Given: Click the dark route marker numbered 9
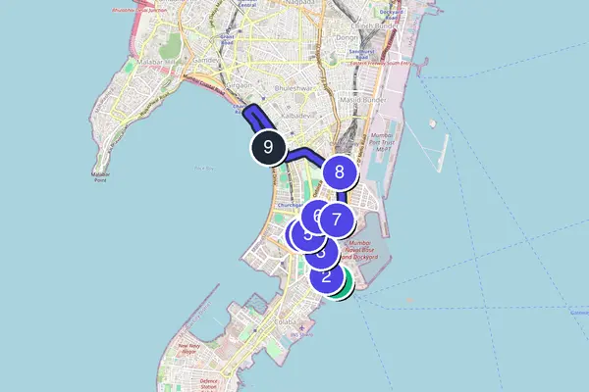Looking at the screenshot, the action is [x=267, y=148].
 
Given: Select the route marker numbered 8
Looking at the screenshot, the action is [x=340, y=173].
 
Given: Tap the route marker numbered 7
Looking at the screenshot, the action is [x=336, y=220].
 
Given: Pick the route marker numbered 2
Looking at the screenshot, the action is [x=326, y=275].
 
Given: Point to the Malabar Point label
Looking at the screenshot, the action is [x=100, y=177].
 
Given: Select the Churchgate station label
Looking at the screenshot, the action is [x=288, y=204].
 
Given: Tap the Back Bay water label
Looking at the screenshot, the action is [x=203, y=168].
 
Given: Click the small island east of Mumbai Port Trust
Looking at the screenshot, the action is [x=431, y=123].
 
